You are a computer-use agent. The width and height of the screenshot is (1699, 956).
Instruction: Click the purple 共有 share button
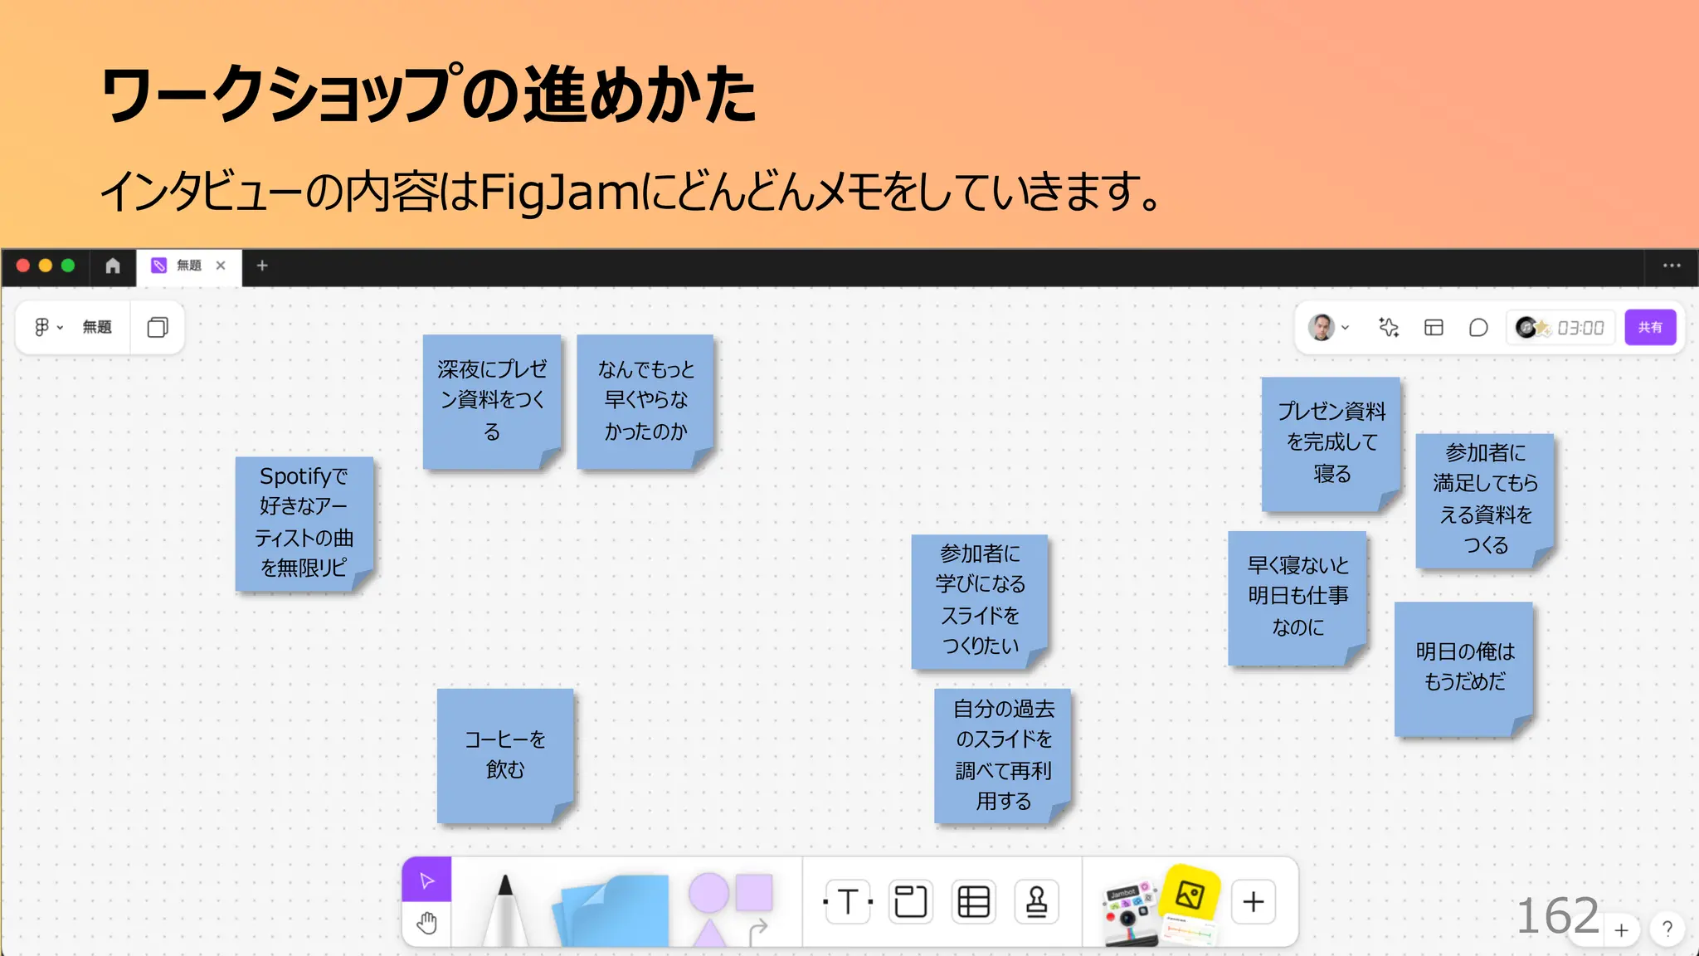(x=1649, y=327)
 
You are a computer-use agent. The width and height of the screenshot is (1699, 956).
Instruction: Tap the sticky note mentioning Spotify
(x=304, y=523)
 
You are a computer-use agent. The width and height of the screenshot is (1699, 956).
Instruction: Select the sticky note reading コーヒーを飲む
(x=505, y=754)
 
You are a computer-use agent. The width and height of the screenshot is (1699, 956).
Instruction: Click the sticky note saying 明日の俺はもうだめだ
(x=1464, y=667)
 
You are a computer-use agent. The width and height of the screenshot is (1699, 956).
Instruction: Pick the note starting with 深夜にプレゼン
(x=492, y=401)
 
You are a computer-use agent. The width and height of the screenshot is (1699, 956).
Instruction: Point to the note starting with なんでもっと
(x=645, y=401)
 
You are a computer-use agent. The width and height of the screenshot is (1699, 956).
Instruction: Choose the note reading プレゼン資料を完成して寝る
(x=1331, y=443)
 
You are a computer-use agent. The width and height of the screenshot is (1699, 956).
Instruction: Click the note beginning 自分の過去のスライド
(x=1003, y=754)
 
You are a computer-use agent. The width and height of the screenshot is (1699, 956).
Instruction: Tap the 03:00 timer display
(x=1580, y=328)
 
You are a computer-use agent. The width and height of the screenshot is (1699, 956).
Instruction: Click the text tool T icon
(x=847, y=901)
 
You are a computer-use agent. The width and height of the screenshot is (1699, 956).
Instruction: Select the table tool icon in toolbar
(x=973, y=901)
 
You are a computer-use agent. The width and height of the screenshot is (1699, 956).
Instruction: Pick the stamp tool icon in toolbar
(x=1036, y=901)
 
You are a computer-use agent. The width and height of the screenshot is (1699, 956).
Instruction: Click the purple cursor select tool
(x=426, y=880)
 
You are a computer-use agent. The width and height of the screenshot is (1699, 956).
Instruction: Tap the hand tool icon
(x=426, y=924)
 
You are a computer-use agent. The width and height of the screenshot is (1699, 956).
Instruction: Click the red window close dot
(x=23, y=266)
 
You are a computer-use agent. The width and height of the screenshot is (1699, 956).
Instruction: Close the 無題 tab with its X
(x=221, y=266)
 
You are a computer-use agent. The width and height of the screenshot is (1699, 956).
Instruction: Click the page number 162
(x=1557, y=916)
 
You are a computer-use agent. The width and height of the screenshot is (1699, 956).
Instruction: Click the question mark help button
(x=1667, y=929)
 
